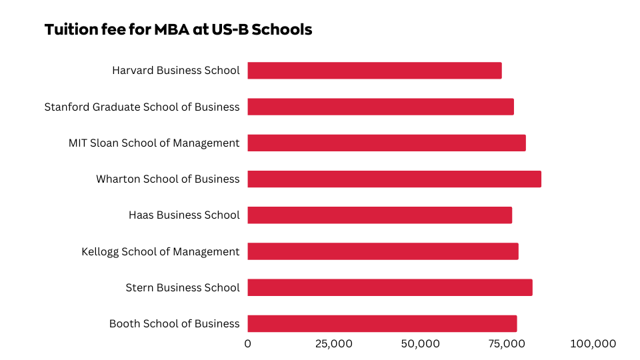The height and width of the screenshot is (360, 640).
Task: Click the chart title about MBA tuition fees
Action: [178, 30]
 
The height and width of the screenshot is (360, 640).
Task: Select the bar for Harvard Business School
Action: [374, 71]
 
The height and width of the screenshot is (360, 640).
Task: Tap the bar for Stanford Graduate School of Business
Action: [380, 107]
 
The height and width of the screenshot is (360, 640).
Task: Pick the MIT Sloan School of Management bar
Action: [386, 143]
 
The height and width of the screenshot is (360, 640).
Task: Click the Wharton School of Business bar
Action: [394, 179]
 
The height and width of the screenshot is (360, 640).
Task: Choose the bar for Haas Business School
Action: [379, 215]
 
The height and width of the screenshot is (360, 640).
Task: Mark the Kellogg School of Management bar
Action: [383, 251]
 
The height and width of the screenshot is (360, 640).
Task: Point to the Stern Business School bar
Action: [389, 287]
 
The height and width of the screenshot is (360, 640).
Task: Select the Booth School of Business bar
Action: [382, 323]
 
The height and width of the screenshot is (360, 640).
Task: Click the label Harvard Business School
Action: [175, 70]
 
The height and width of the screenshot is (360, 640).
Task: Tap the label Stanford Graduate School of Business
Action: [142, 107]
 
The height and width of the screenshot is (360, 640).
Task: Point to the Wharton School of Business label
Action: [167, 179]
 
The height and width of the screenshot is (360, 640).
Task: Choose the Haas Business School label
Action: [184, 215]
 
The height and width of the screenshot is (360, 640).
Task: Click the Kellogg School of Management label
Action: [160, 251]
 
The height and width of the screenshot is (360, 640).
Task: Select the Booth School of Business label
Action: [174, 323]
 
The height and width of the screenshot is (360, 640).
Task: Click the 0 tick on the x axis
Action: [248, 344]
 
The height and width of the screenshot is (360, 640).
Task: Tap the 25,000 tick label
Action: [333, 344]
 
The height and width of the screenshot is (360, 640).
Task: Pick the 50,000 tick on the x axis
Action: [420, 344]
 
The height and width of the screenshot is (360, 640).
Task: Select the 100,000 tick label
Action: [593, 344]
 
